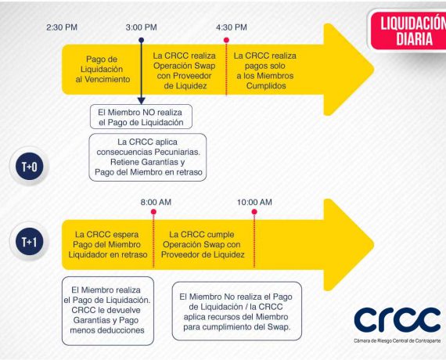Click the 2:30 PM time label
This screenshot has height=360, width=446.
coord(62,27)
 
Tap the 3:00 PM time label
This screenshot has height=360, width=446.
coord(142,27)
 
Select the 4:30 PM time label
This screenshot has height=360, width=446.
coord(232,27)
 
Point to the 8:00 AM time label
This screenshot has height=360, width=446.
coord(156,203)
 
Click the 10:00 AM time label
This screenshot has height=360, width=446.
coord(254,203)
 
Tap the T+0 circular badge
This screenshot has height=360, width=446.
coord(30,167)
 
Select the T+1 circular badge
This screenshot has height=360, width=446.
coord(30,242)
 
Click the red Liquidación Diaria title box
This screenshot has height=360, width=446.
coord(408,31)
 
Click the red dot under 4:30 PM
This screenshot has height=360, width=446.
coord(226,40)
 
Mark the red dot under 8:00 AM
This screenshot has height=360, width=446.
coord(153,212)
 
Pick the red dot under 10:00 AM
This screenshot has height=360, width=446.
coord(254,212)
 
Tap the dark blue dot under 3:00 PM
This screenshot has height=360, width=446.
coord(142,40)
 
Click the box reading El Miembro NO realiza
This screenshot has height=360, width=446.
coord(141,117)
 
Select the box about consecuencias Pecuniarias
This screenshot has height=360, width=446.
coord(148,157)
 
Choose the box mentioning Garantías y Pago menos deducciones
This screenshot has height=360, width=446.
coord(108,311)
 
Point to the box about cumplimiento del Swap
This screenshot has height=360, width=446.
coord(236,311)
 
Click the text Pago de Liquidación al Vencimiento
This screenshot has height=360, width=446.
coord(103,69)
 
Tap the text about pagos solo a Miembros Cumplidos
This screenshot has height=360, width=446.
coord(265,71)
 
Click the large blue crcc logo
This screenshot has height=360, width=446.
coord(397,319)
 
